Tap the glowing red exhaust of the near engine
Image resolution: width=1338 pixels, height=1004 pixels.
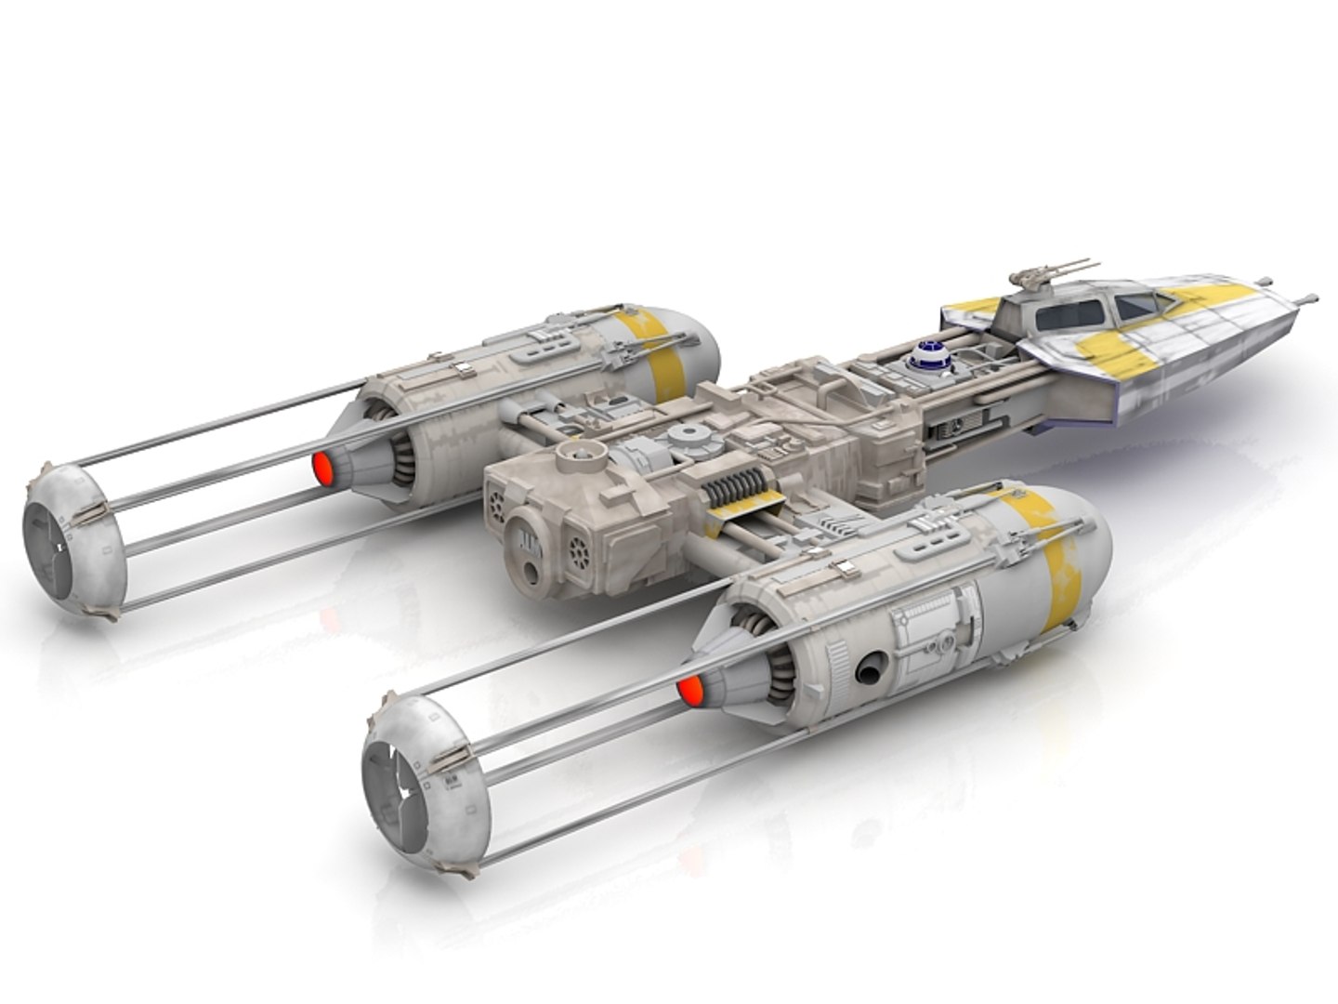[x=689, y=689]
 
